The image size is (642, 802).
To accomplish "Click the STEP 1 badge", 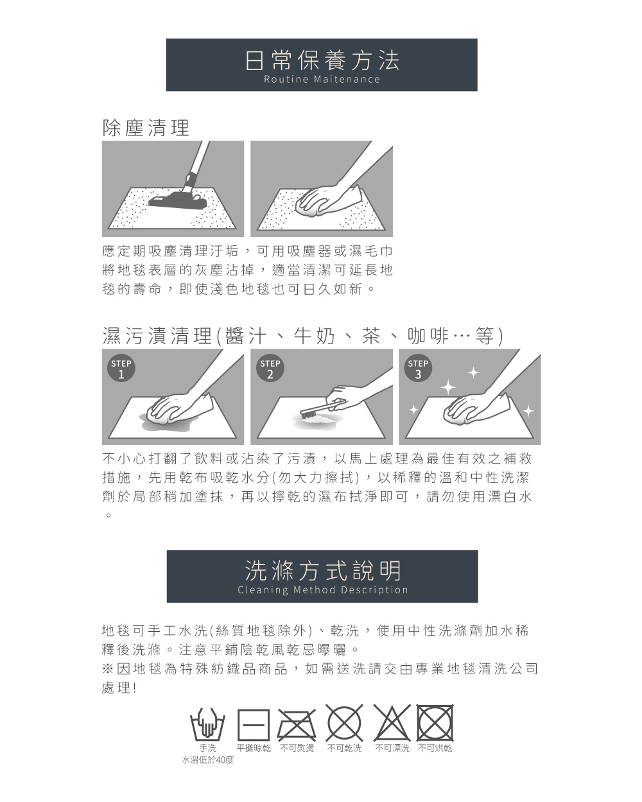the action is point(121,368).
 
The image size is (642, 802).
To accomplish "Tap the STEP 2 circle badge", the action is point(270,368).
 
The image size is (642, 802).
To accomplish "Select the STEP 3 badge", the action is point(418,368).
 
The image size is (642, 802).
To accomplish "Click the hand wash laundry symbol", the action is point(207,724).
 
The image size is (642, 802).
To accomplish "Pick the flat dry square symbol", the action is point(254,724).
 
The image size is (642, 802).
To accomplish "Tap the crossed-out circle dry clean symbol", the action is point(344,723).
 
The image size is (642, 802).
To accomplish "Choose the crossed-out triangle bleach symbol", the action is point(392,723).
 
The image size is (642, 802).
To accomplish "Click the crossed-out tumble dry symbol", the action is point(435,722).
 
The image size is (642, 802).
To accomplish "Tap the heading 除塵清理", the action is point(146,128).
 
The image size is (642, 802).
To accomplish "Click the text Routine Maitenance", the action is point(322,79).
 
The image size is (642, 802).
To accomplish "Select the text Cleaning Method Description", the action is point(323,589).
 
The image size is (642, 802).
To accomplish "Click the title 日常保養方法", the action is point(322,60).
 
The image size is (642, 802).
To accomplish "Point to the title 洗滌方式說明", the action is point(323,571).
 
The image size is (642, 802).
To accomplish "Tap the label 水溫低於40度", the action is point(207,760).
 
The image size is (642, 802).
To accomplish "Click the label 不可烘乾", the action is point(435,748).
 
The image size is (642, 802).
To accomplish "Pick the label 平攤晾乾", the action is point(254,748).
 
